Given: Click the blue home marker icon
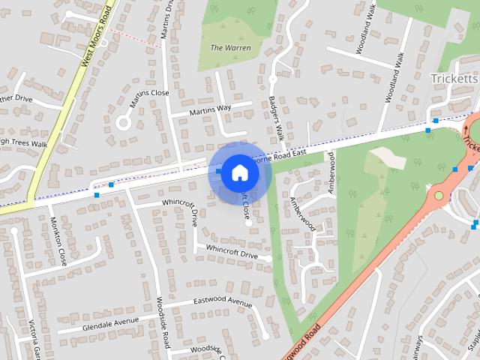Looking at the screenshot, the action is click(x=239, y=172).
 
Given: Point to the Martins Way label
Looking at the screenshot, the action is click(x=211, y=110).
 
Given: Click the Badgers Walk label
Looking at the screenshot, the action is click(x=274, y=116).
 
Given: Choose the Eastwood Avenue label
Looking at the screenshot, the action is click(x=223, y=301).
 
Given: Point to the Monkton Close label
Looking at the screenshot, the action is click(x=58, y=241).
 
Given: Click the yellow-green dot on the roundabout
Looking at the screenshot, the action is click(x=439, y=196).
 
